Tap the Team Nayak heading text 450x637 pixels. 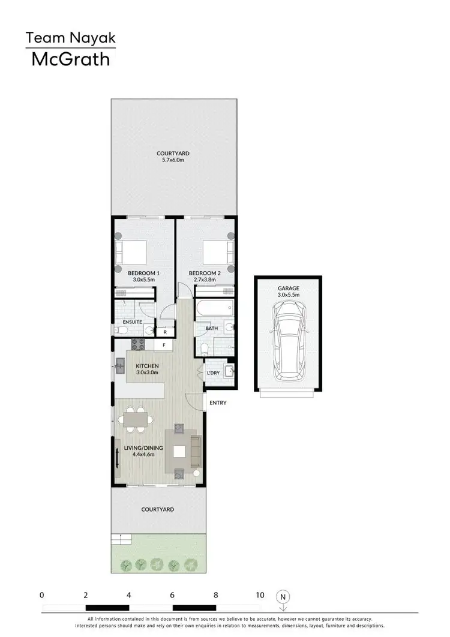tap(70, 39)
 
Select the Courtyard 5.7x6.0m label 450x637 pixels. tap(173, 157)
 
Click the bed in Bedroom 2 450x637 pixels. tap(215, 252)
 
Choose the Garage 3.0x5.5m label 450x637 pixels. tap(288, 292)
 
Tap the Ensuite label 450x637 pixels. tap(131, 322)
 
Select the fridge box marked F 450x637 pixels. tap(164, 345)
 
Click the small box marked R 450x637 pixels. tap(165, 331)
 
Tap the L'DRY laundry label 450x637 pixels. tap(213, 374)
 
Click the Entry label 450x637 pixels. tap(218, 402)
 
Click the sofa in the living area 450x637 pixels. tap(196, 452)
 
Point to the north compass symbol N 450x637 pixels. tap(283, 597)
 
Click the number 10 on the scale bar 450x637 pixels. tap(259, 596)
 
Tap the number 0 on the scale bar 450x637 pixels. tap(42, 596)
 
